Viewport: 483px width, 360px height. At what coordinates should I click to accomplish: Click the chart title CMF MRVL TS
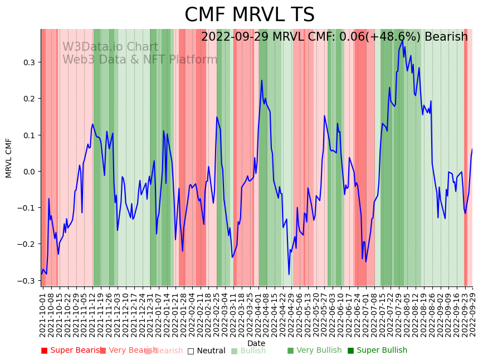tap(249, 15)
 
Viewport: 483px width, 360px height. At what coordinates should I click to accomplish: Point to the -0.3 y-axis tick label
tap(28, 281)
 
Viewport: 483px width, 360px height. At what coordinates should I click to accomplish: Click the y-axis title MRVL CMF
tap(9, 158)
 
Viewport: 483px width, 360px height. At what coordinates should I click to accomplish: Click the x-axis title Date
tap(256, 343)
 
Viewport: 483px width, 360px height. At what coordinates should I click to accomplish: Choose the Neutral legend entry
tap(207, 351)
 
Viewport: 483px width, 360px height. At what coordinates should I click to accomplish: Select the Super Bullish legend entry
tap(378, 351)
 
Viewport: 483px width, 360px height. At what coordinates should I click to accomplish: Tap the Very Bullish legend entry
tap(315, 351)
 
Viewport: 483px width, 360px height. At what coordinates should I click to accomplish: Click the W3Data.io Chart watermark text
tap(110, 47)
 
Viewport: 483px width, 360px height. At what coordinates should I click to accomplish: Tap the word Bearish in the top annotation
tap(446, 37)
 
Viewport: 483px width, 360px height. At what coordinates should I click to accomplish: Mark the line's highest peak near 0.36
tap(402, 40)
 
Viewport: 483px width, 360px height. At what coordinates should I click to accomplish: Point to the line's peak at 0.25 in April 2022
tap(262, 80)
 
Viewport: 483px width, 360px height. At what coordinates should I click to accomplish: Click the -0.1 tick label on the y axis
tap(28, 208)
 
